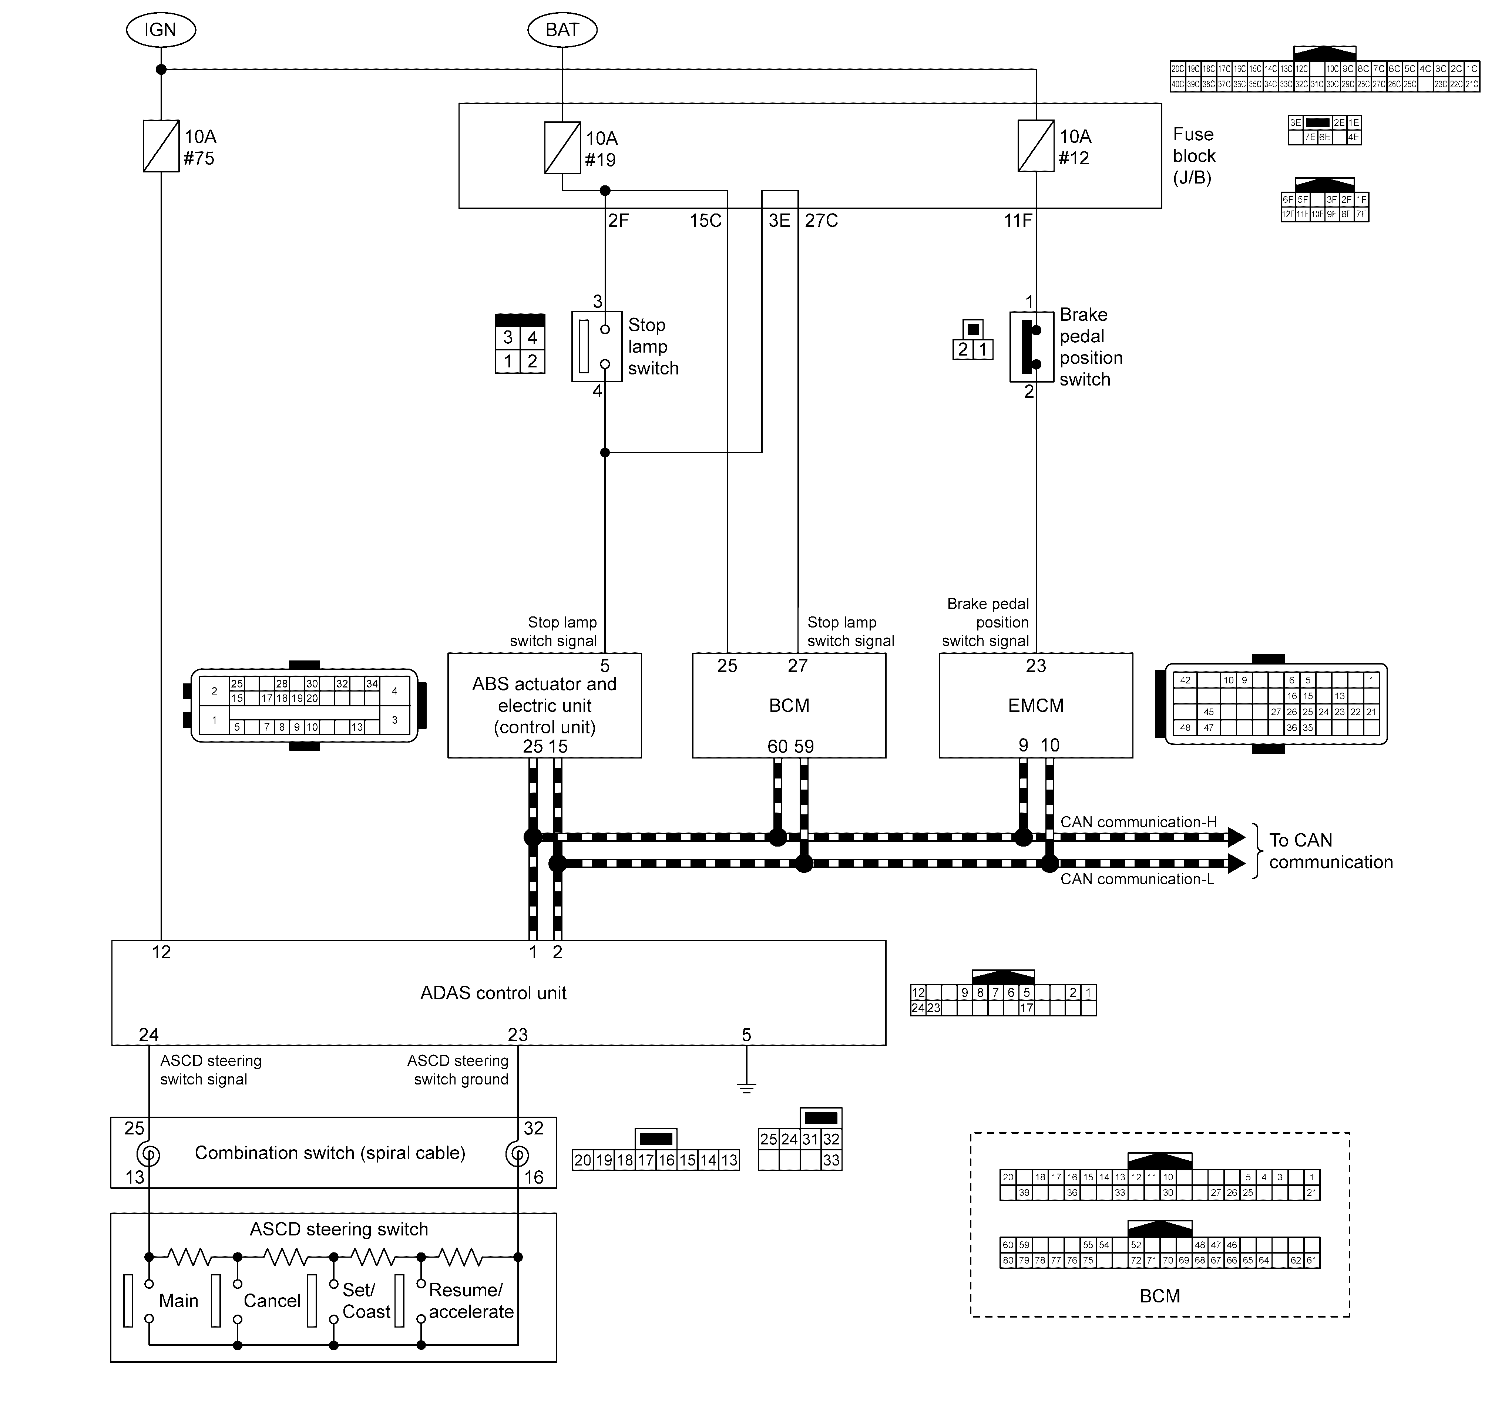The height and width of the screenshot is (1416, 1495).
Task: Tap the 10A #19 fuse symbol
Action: click(x=562, y=148)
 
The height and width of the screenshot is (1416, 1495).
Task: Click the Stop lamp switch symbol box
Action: click(x=597, y=346)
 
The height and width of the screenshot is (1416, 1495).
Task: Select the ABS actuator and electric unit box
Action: click(x=544, y=706)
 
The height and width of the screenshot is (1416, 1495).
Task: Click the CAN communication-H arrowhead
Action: click(x=1236, y=837)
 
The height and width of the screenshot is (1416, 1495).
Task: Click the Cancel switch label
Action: click(x=272, y=1301)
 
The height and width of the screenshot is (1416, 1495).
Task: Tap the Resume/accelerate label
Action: click(x=470, y=1301)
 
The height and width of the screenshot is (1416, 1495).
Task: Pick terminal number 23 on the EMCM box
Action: click(x=1036, y=666)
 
